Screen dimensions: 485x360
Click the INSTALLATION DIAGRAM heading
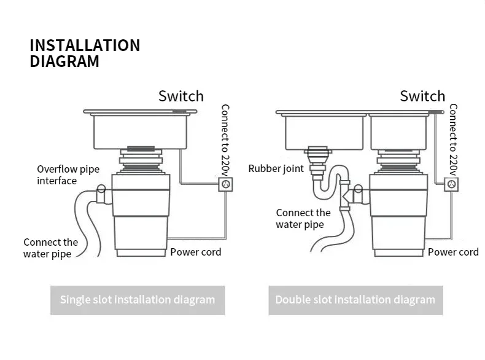85,53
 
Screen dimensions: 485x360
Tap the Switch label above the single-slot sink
181,96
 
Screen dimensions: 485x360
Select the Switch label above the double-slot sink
422,96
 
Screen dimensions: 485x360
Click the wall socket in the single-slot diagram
226,184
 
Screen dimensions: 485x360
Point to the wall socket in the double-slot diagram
451,184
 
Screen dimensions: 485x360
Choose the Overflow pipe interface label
68,175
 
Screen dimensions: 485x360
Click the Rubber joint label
276,169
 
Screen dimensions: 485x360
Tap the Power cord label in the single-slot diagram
196,252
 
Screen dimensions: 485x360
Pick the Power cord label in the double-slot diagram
453,252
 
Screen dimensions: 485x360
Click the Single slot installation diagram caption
138,300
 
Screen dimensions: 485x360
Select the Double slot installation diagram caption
355,300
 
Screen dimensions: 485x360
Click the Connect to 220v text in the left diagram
225,140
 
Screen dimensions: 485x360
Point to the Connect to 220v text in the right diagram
453,140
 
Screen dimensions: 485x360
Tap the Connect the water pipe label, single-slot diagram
50,248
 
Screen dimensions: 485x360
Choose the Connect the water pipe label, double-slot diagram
303,219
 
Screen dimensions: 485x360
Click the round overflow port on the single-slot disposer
101,189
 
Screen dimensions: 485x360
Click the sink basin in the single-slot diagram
140,131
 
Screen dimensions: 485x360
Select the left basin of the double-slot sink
324,132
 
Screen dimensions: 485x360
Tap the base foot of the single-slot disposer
141,253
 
